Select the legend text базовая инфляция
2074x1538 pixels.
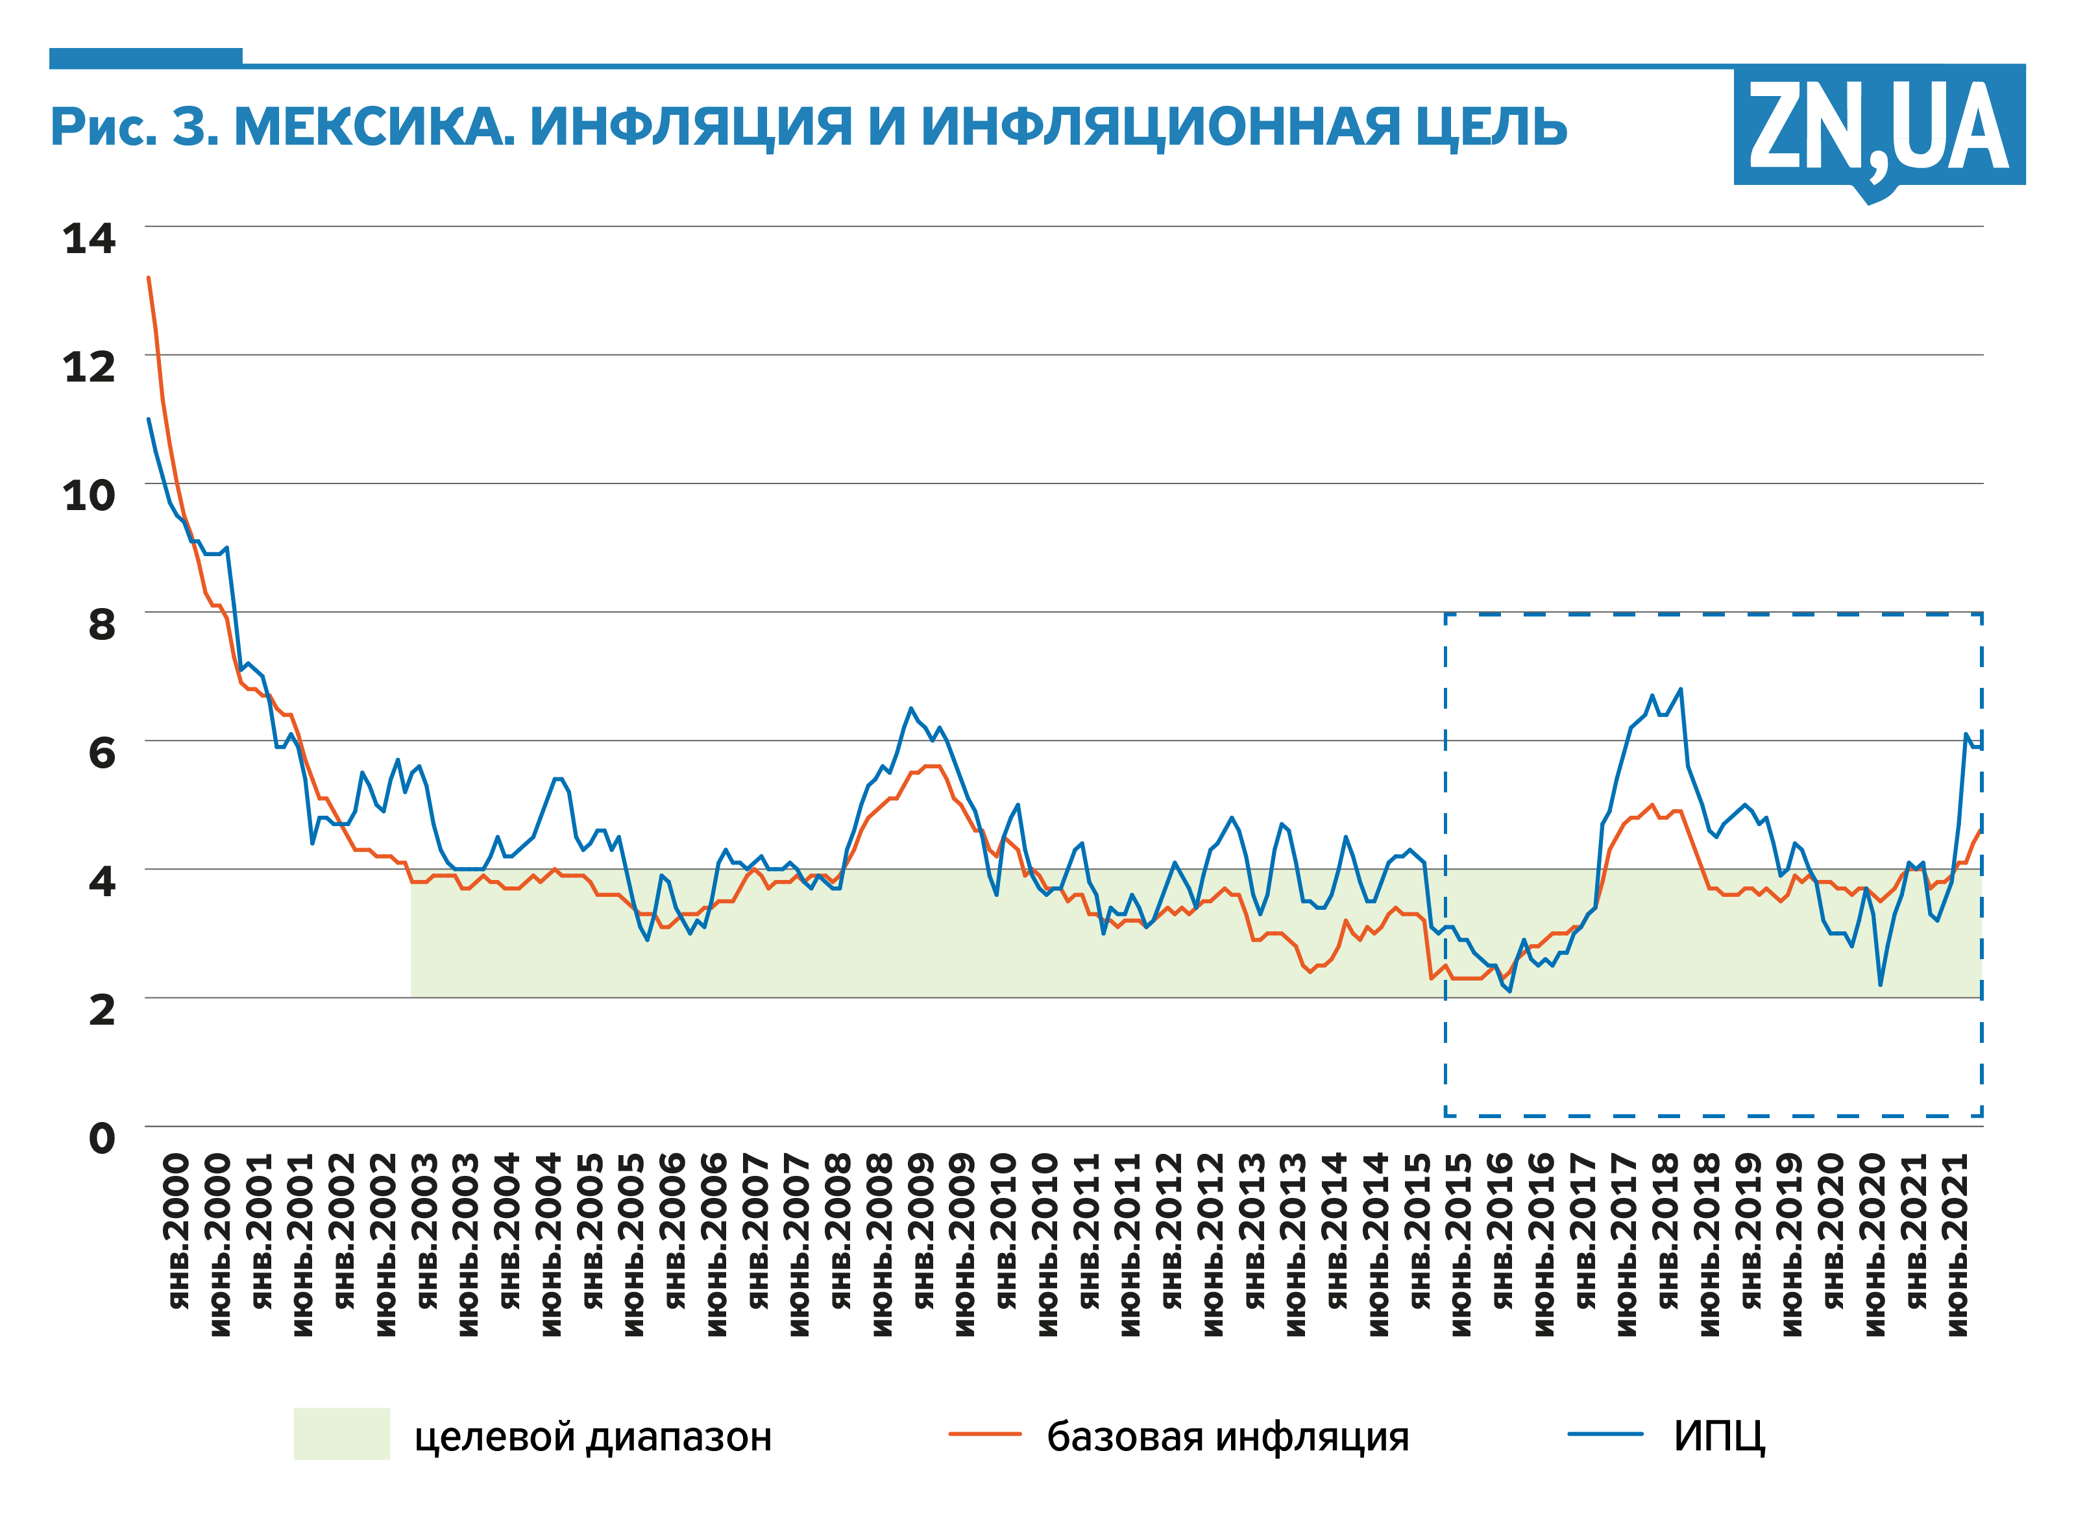[1227, 1437]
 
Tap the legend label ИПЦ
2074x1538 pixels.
[1718, 1437]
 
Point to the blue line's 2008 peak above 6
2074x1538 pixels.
[911, 709]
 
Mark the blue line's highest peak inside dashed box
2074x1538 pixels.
[1680, 689]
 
